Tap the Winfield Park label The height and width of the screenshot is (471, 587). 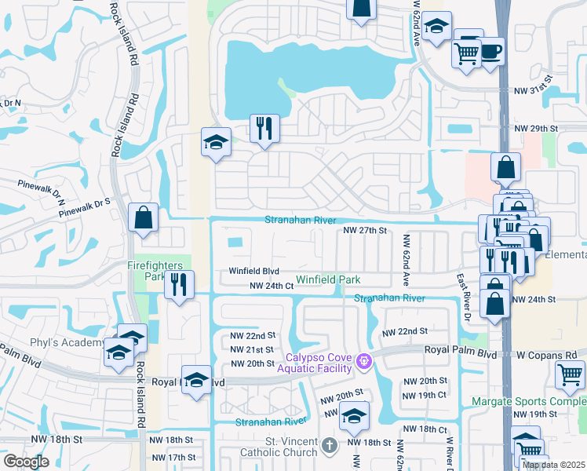[x=328, y=279]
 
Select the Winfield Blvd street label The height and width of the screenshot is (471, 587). [x=253, y=271]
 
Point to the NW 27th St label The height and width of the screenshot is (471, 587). [x=366, y=230]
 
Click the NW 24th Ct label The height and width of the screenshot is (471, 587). [x=271, y=287]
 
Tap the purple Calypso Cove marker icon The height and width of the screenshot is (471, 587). [x=363, y=362]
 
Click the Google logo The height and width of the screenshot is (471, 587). [x=26, y=462]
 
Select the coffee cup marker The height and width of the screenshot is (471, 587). [x=490, y=52]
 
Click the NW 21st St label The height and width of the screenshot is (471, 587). [x=252, y=349]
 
